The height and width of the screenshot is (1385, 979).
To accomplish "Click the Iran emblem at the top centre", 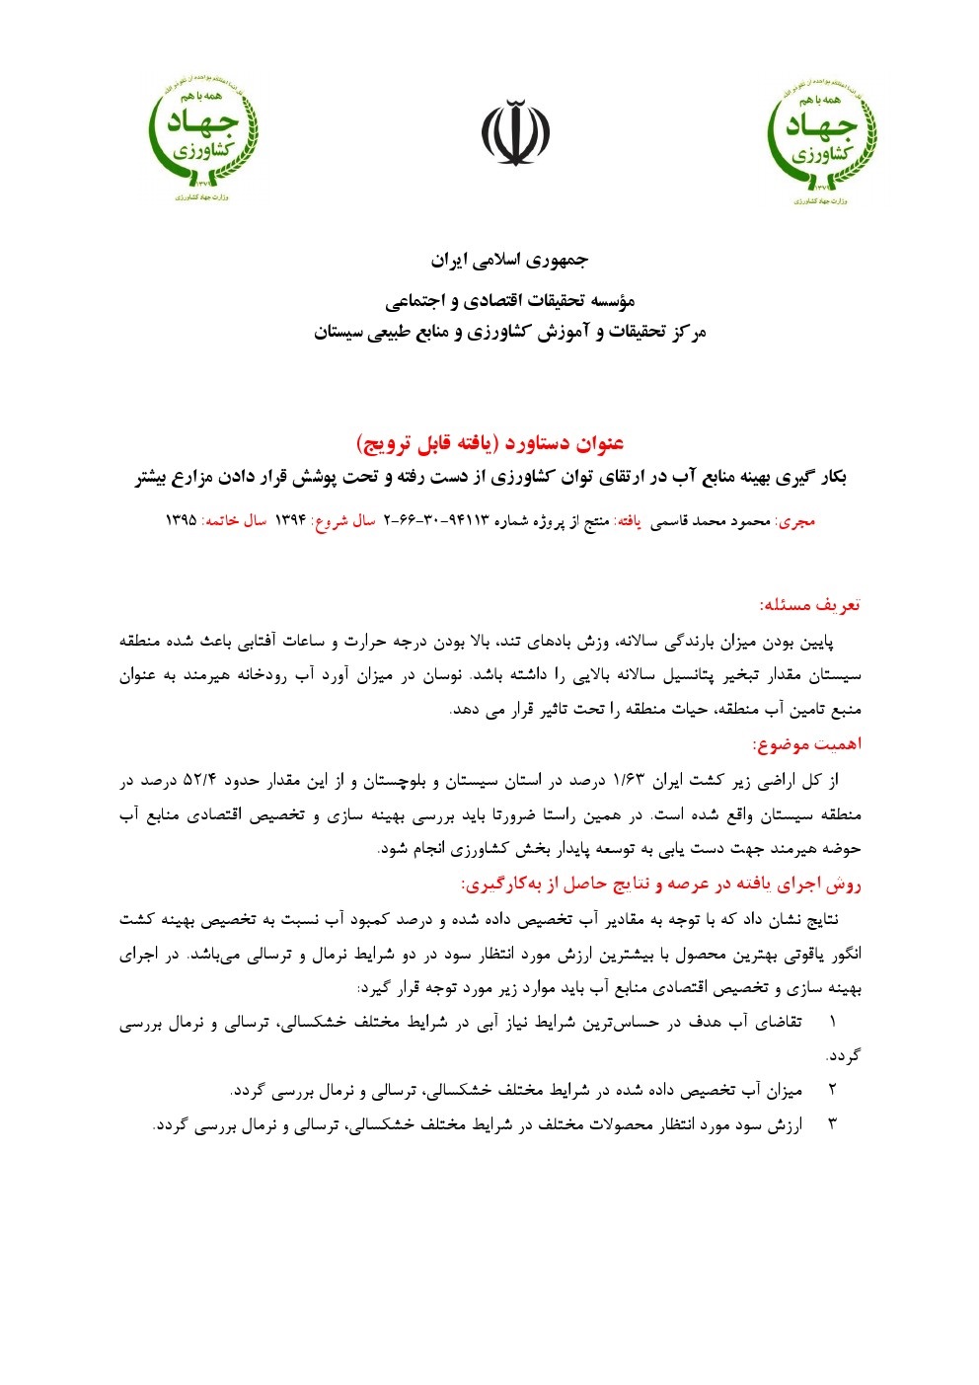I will click(x=515, y=132).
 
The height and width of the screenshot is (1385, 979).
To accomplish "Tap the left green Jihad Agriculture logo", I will click(x=202, y=136).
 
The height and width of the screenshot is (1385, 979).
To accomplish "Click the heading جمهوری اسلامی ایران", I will click(x=509, y=261).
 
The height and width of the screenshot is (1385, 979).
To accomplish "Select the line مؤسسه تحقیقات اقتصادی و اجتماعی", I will click(x=509, y=300).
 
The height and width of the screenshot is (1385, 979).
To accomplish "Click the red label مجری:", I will click(x=796, y=520).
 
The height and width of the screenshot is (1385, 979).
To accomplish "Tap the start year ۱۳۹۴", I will click(x=291, y=520).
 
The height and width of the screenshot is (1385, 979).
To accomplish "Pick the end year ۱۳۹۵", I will click(x=181, y=520).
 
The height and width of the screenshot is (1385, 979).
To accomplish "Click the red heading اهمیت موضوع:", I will click(x=806, y=743).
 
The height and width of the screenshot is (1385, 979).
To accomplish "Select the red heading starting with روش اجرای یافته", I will click(x=660, y=884).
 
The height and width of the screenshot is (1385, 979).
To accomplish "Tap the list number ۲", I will click(x=832, y=1090).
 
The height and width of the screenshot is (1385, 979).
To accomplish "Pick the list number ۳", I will click(x=832, y=1123).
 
